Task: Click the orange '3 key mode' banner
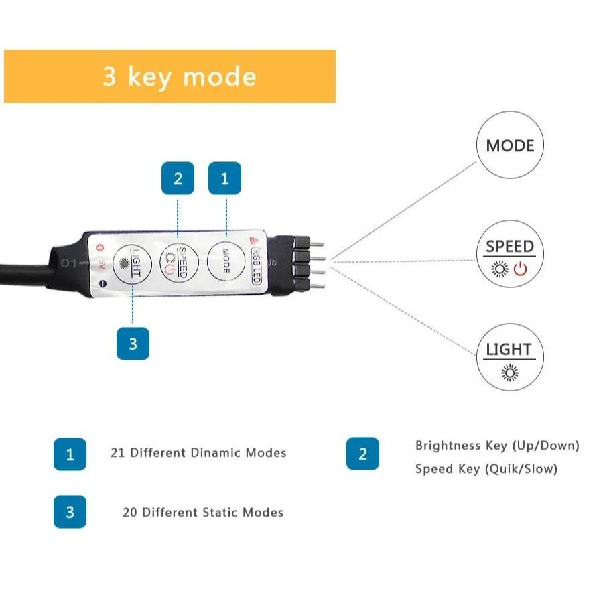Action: [170, 76]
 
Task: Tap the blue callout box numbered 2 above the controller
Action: [178, 179]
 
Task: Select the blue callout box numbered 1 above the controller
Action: [224, 179]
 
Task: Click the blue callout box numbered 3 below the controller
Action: [133, 344]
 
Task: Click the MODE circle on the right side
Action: [510, 146]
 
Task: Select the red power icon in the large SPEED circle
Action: [521, 269]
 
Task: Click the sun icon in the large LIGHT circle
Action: [510, 373]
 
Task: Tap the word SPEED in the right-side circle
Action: [510, 247]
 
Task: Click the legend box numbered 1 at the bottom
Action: [70, 454]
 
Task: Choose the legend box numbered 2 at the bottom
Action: [362, 454]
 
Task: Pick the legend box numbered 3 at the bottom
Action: [70, 512]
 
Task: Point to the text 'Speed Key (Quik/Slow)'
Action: [486, 469]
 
